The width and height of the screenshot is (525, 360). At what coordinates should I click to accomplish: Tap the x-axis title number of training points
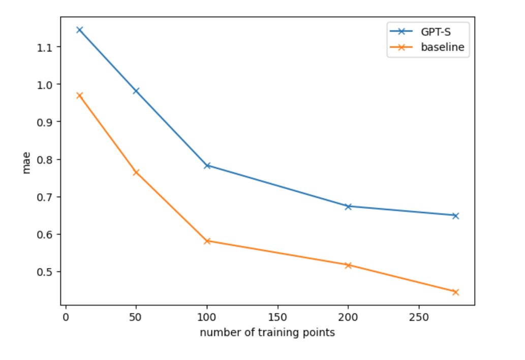tap(267, 333)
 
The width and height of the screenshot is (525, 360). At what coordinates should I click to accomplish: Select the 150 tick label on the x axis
tap(277, 317)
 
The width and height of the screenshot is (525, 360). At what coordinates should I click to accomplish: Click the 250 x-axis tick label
tap(419, 317)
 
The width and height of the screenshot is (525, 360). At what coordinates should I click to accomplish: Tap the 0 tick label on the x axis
tap(66, 317)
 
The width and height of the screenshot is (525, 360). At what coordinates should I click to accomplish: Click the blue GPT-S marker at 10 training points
tap(79, 30)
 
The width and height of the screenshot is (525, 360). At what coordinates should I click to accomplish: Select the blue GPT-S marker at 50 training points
tap(136, 91)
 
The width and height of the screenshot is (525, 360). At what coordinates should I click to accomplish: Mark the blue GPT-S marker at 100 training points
tap(207, 166)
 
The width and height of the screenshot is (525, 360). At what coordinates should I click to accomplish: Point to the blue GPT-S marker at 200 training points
tap(348, 206)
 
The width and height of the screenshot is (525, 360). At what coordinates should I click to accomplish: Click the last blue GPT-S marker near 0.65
tap(455, 216)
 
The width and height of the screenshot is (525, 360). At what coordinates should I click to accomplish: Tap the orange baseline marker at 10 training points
tap(79, 96)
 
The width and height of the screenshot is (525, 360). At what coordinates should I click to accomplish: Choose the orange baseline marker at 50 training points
tap(136, 172)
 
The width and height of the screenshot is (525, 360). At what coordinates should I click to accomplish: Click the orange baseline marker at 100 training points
tap(207, 241)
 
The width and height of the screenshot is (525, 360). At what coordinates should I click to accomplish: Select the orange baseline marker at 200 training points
tap(348, 265)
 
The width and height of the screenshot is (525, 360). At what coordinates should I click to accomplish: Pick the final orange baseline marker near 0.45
tap(455, 292)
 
